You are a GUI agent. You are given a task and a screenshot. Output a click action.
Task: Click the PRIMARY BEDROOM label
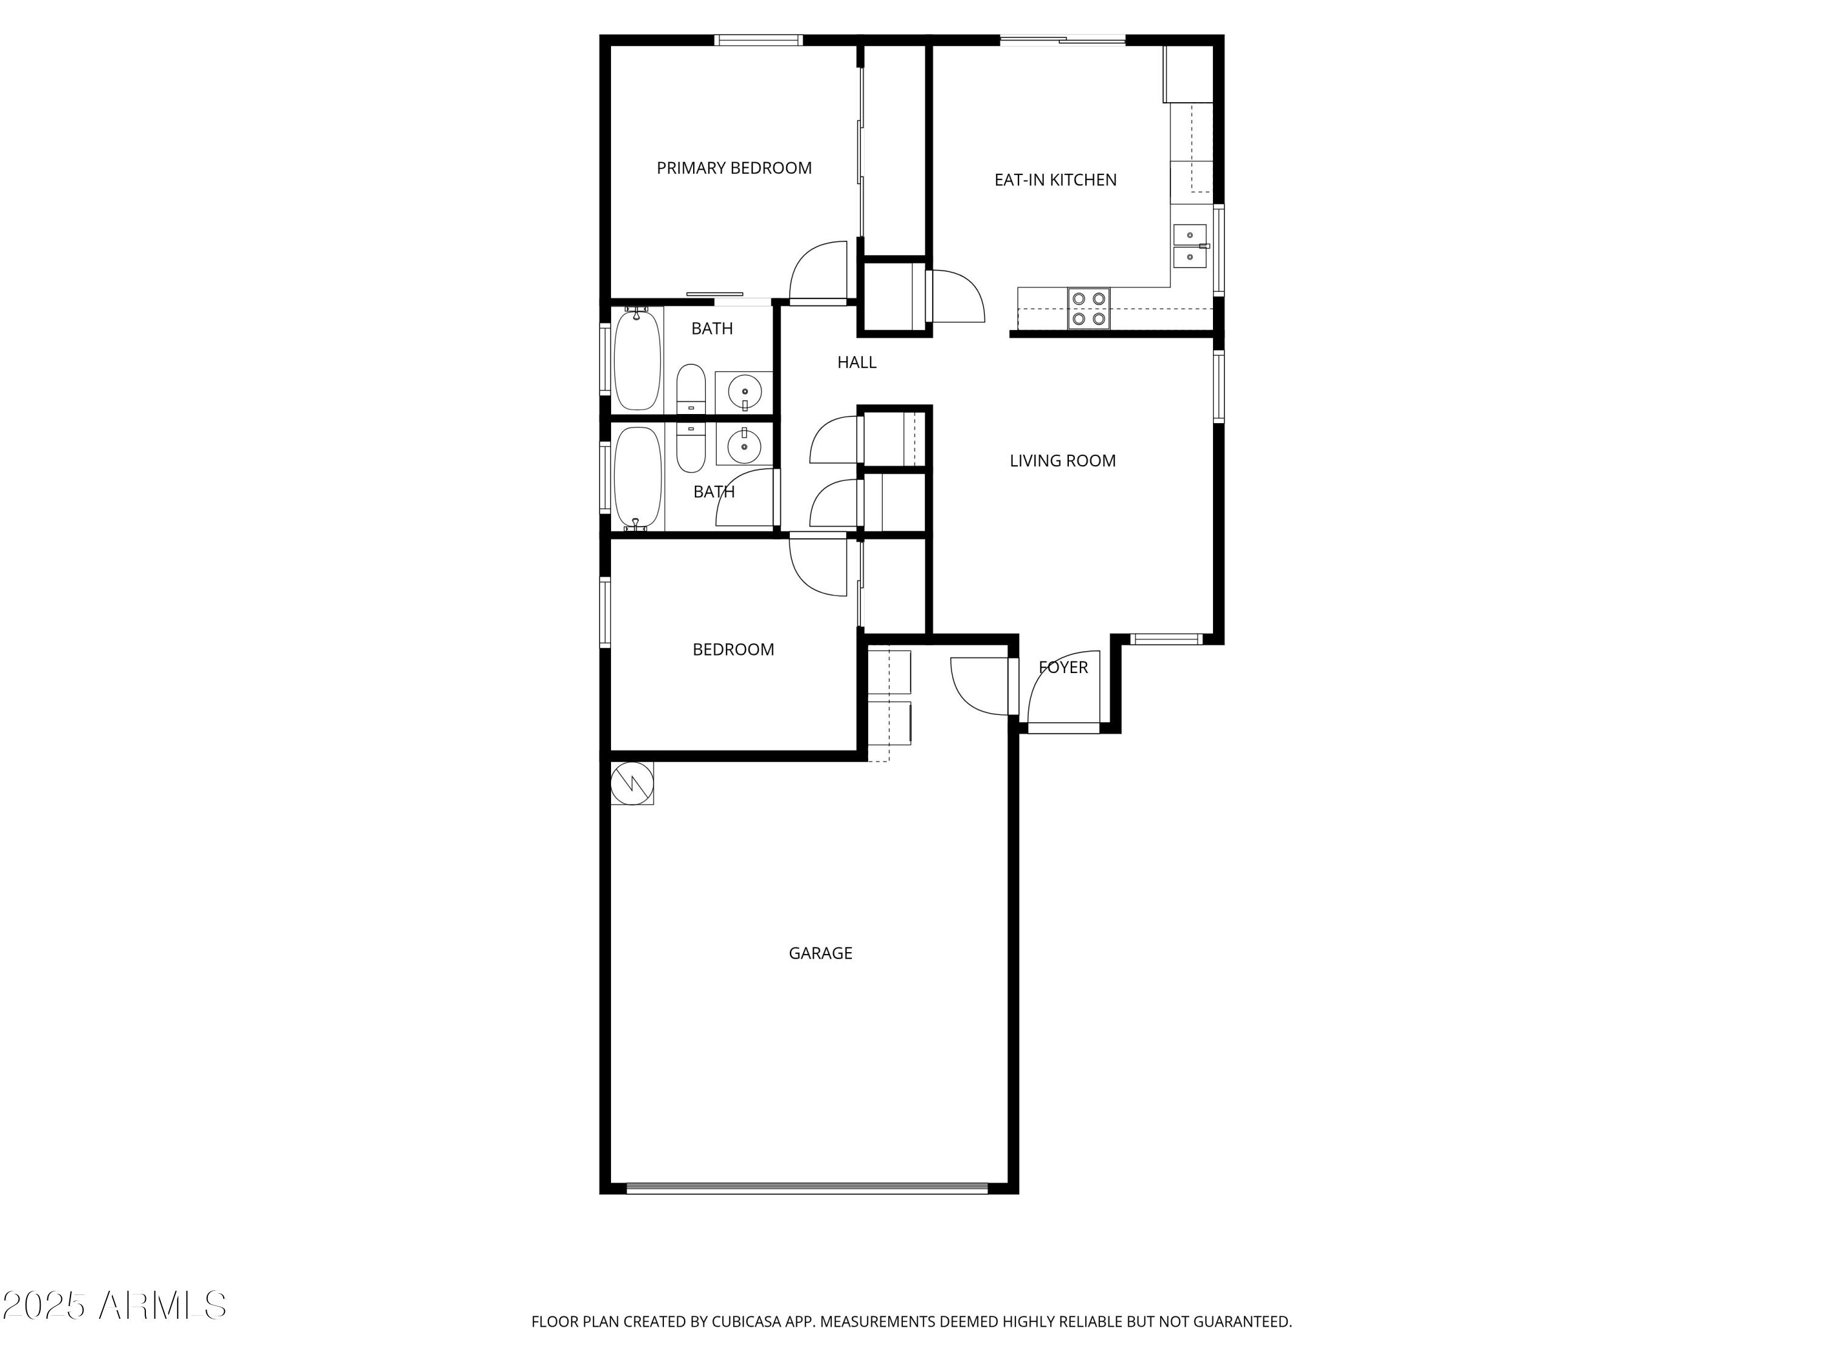734,168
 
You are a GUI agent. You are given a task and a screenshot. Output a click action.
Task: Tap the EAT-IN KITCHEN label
1055,180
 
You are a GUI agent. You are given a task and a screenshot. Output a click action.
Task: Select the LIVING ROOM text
1062,461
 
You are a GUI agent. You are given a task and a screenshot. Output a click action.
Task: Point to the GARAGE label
820,953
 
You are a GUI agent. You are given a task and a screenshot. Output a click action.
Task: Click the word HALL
857,362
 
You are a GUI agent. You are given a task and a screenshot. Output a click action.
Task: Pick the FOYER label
1063,667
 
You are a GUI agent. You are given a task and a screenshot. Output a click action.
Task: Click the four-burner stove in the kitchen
1088,308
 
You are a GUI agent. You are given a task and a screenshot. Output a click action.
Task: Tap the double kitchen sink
1189,246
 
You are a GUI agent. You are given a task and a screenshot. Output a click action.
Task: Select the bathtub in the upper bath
637,359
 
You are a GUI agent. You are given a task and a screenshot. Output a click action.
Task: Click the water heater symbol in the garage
632,782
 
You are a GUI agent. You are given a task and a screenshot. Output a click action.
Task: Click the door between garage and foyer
981,685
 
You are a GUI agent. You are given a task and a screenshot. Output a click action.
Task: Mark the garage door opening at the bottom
806,1188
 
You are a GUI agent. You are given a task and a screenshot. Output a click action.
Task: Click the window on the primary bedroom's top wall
758,40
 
